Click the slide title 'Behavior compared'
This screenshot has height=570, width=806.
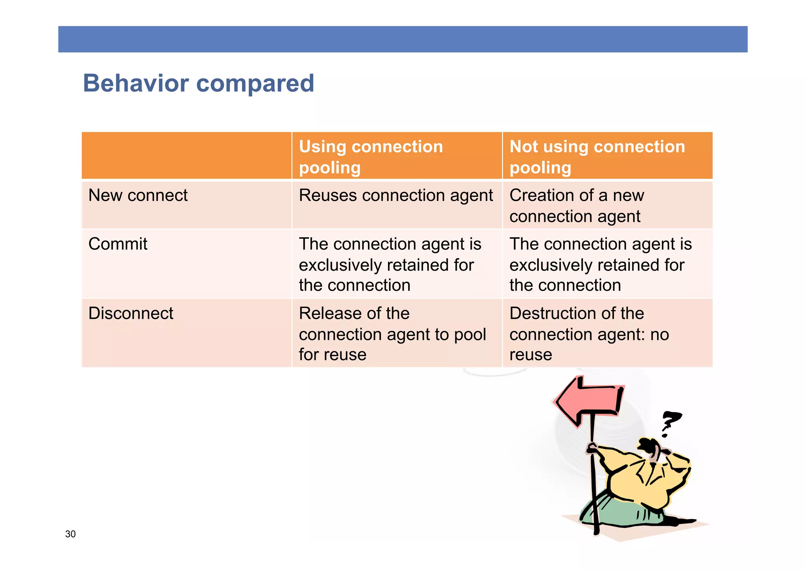pos(198,83)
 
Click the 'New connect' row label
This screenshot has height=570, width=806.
pos(138,195)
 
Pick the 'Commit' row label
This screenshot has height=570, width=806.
pos(118,244)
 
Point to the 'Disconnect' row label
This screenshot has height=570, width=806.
pos(131,314)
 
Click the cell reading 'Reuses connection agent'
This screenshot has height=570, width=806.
pos(396,196)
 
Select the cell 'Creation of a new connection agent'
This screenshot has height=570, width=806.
pos(577,206)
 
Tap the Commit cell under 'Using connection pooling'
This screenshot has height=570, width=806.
pos(390,264)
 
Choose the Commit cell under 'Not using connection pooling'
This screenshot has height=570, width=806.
pos(600,264)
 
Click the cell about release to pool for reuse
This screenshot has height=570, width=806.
pos(392,334)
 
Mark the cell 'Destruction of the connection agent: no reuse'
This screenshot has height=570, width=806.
pos(589,334)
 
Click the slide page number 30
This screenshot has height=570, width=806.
pos(70,534)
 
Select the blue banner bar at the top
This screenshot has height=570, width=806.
pos(403,39)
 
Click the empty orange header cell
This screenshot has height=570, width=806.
pos(186,156)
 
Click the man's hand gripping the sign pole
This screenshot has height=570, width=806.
pos(592,449)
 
